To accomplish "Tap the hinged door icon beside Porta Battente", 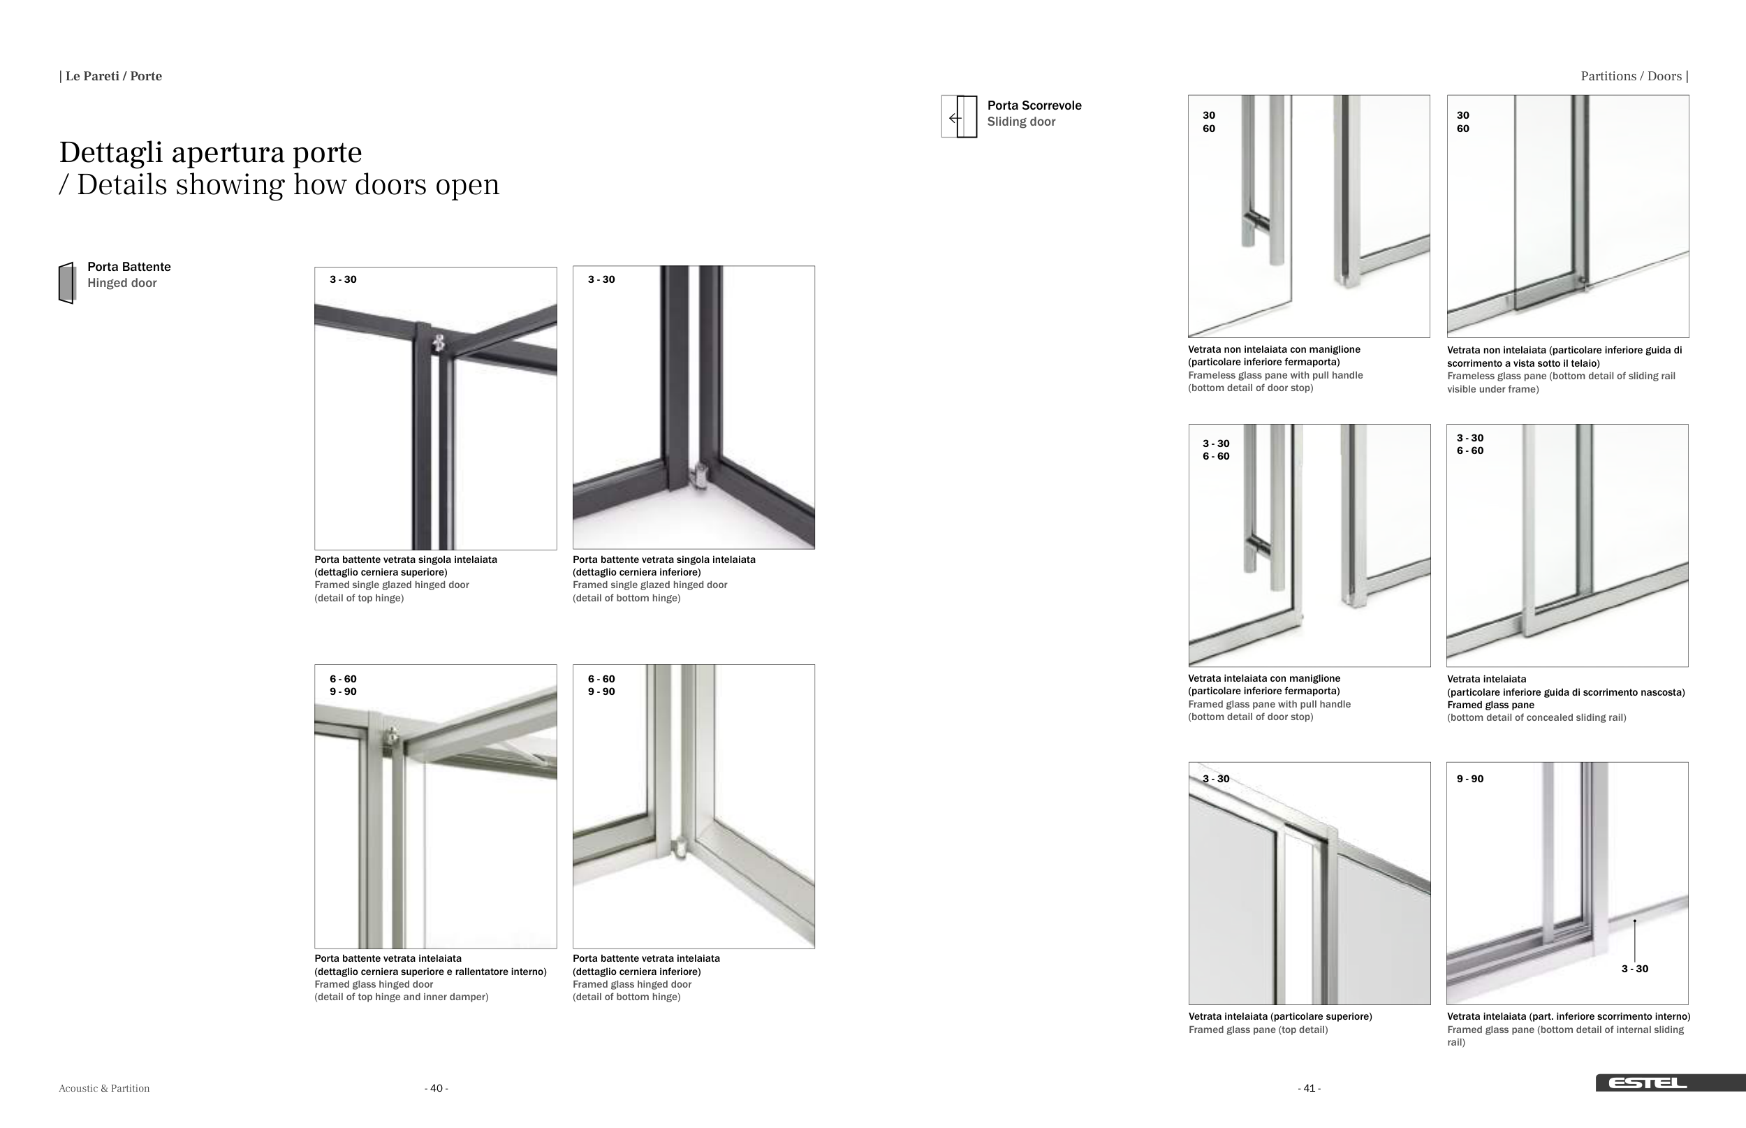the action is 66,283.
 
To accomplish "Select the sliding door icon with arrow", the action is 960,117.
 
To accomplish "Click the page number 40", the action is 436,1088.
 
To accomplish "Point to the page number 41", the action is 1309,1088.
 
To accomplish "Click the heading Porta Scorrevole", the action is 1034,105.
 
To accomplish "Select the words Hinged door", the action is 122,284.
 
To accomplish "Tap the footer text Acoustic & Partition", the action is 104,1088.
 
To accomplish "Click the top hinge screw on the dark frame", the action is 439,342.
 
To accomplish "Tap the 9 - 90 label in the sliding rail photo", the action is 1470,779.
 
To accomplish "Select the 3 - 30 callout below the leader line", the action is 1635,968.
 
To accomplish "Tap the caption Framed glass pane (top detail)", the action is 1259,1030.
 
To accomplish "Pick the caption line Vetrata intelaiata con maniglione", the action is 1264,679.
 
